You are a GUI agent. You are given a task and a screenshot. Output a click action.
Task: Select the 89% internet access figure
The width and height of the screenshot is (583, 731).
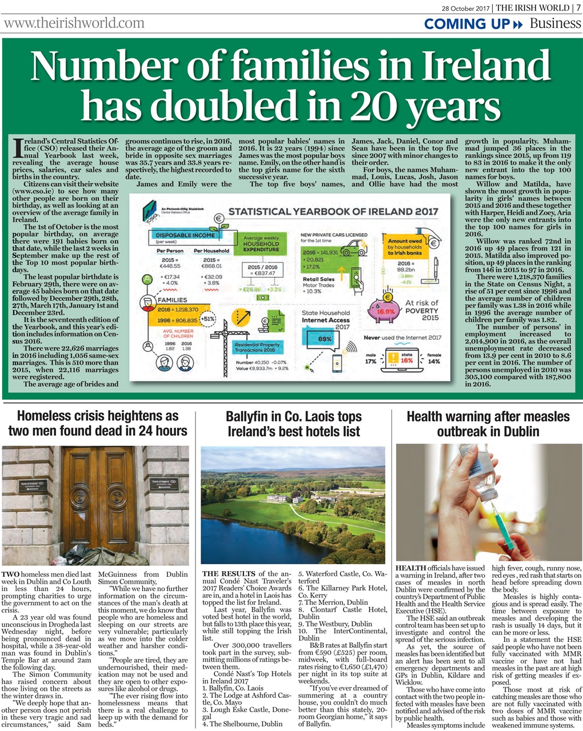[325, 339]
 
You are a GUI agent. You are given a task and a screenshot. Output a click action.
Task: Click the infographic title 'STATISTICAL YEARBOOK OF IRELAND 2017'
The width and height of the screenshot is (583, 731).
[333, 211]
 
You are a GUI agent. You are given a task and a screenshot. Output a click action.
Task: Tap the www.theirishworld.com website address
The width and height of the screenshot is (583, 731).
[74, 23]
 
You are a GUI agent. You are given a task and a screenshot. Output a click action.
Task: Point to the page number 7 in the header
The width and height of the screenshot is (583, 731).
[578, 7]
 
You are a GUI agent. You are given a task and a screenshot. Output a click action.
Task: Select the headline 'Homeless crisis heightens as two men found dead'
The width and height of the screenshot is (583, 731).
[97, 423]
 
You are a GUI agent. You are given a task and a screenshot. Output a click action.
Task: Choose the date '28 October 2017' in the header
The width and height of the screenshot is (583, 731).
[466, 7]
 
